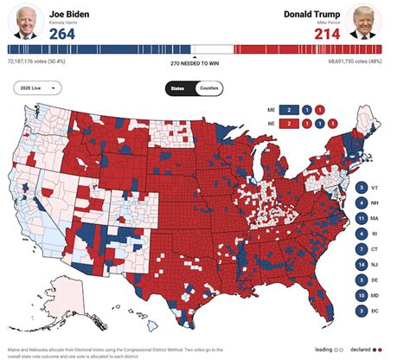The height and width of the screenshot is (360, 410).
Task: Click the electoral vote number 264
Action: point(65,33)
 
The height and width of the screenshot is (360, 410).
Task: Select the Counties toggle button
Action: point(208,88)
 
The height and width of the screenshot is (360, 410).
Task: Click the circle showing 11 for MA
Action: point(360,217)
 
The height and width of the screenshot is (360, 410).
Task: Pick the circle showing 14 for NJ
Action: point(360,264)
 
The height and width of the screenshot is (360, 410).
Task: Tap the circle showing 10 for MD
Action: point(360,295)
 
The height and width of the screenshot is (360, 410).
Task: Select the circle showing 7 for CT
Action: point(360,248)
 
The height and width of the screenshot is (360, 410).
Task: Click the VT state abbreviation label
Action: point(375,187)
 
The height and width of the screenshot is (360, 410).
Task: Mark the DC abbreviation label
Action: point(375,311)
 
